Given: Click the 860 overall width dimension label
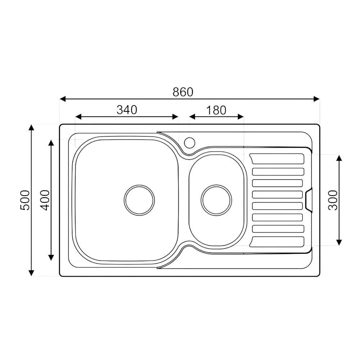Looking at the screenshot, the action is (x=183, y=92).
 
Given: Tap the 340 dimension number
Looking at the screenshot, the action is (x=127, y=110).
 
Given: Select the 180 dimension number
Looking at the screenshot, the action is (x=216, y=110).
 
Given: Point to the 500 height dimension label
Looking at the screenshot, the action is (x=25, y=200).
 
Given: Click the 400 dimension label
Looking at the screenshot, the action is (x=45, y=200).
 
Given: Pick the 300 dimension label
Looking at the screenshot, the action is (x=333, y=200).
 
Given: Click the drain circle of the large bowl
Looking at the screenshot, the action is (x=139, y=200).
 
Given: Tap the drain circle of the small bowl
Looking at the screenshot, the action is (x=216, y=200).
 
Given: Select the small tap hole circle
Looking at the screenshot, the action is (x=190, y=142).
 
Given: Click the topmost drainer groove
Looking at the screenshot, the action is (x=277, y=159).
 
